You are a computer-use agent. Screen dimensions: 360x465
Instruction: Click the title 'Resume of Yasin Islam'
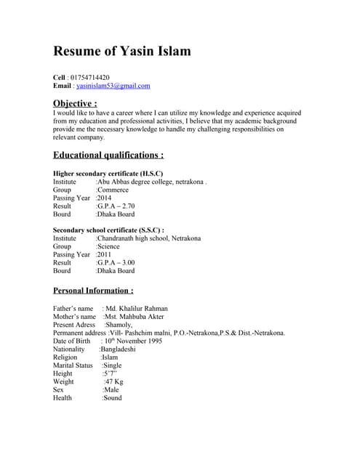(122, 51)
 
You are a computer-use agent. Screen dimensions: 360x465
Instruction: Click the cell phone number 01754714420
(89, 77)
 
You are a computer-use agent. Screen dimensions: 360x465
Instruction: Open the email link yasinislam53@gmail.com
(113, 86)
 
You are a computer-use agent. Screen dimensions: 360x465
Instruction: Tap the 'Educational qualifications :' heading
(108, 155)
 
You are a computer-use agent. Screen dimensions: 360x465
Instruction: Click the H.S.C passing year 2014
(105, 198)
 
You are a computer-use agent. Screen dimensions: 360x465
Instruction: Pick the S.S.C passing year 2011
(105, 254)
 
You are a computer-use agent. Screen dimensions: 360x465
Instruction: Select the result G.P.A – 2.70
(116, 206)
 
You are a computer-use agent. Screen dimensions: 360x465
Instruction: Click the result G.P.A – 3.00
(116, 262)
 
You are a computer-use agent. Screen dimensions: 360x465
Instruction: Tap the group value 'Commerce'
(113, 190)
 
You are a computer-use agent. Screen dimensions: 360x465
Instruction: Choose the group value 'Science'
(110, 246)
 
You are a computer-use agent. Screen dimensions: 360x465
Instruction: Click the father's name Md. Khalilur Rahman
(136, 309)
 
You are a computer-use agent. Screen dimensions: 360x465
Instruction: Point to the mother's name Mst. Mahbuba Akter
(135, 317)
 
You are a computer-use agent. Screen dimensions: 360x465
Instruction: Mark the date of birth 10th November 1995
(134, 341)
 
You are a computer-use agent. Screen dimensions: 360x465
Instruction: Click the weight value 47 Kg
(114, 381)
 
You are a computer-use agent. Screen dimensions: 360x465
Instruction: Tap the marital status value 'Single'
(112, 365)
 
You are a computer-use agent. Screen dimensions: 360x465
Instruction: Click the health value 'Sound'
(112, 397)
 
